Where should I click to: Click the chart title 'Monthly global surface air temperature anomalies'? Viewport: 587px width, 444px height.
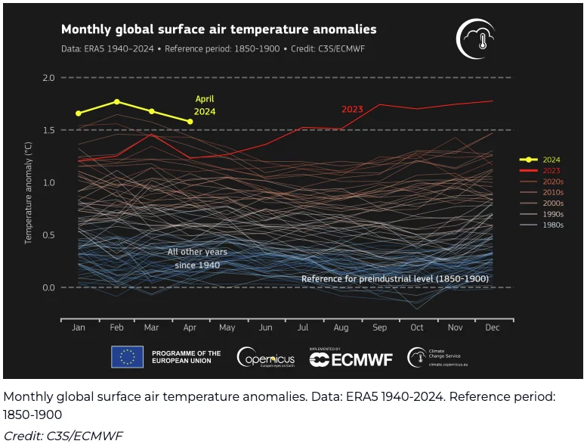[x=218, y=29]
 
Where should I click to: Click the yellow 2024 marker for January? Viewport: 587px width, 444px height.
[x=79, y=113]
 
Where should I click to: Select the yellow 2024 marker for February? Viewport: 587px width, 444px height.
[x=116, y=101]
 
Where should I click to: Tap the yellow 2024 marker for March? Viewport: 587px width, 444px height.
[x=152, y=111]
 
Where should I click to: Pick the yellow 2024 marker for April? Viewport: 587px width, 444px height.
[x=190, y=121]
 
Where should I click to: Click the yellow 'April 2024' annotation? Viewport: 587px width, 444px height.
[x=205, y=105]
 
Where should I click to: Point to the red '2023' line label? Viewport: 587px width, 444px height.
[x=352, y=109]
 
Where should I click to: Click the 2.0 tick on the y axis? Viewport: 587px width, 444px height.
[x=49, y=78]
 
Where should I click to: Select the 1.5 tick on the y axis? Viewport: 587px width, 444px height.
[x=49, y=130]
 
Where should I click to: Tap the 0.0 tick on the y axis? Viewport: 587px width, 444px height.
[x=49, y=287]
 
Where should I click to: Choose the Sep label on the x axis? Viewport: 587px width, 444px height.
[x=379, y=328]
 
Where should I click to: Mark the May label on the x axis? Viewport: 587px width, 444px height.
[x=227, y=328]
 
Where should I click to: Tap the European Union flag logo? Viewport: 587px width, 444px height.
[x=127, y=357]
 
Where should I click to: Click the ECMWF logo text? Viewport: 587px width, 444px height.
[x=351, y=359]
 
